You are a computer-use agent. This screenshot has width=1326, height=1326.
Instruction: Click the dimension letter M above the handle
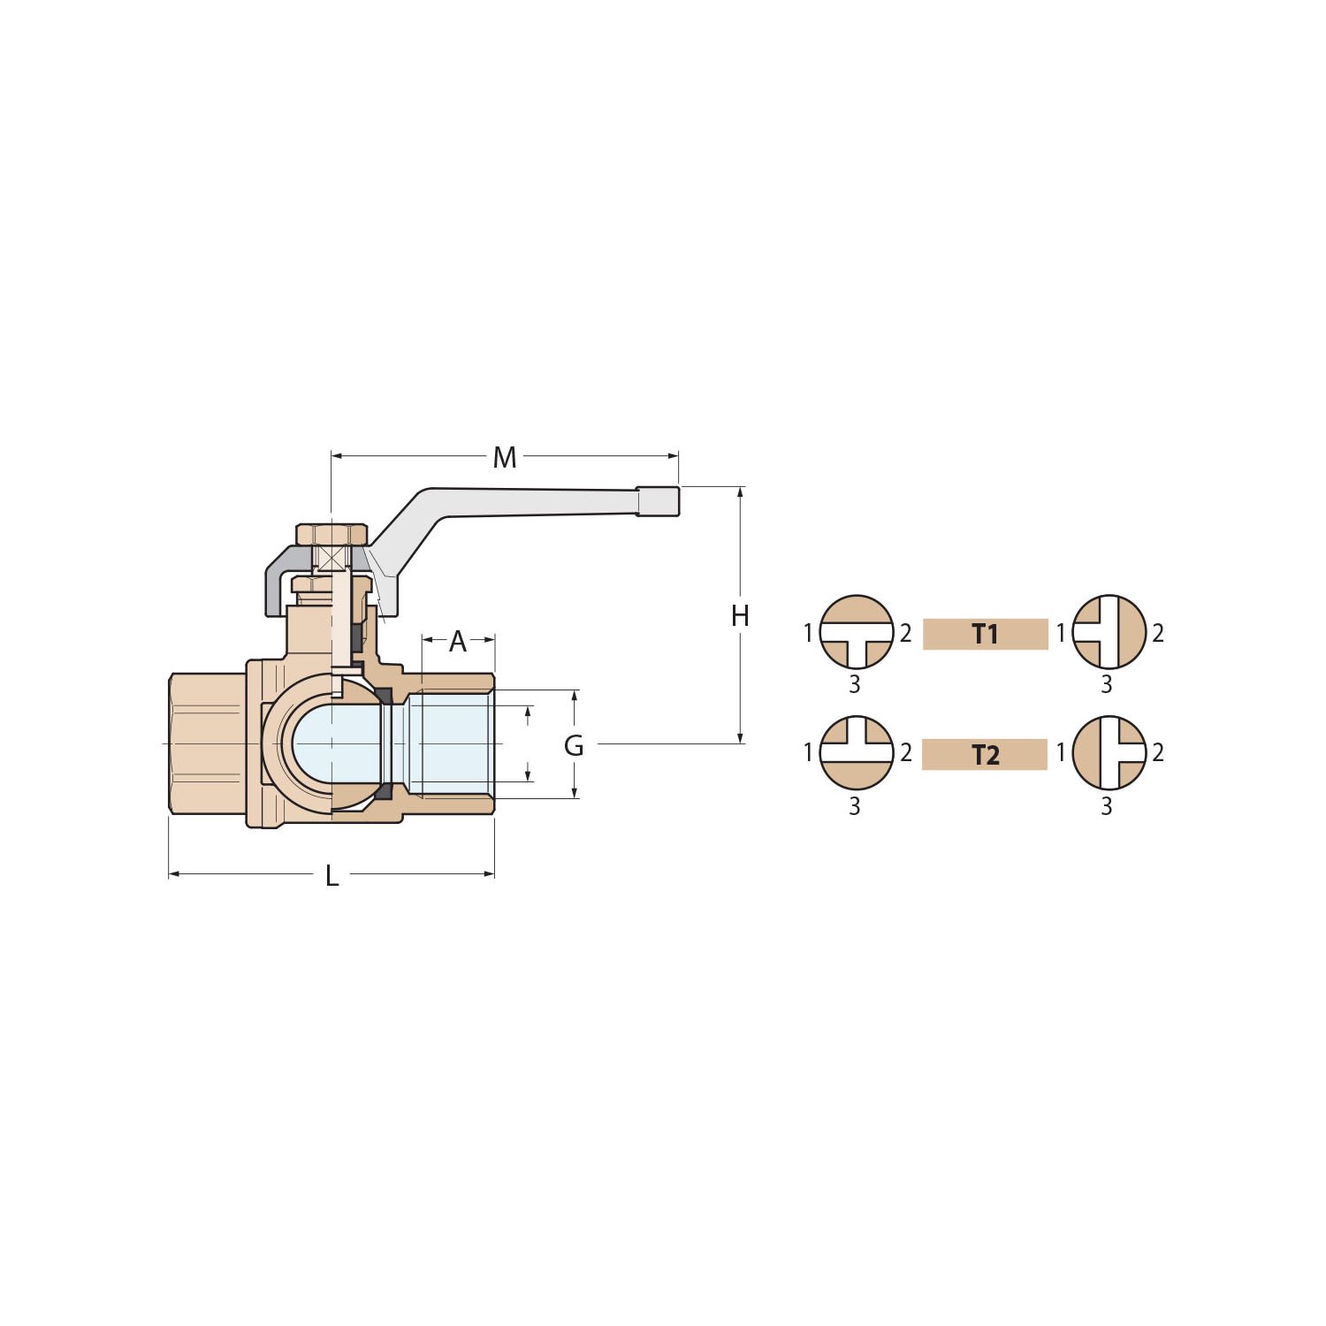point(504,458)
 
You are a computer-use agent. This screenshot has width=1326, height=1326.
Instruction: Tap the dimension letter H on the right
point(740,616)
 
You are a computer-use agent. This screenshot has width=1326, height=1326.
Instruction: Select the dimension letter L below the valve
point(331,876)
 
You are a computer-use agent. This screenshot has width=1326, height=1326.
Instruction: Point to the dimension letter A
point(457,642)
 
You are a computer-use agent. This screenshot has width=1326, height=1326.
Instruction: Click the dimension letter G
point(574,746)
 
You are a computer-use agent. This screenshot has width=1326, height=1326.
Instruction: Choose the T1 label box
point(985,634)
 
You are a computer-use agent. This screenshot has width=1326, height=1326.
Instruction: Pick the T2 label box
point(985,755)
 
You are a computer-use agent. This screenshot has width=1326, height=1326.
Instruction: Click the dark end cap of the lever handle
point(659,501)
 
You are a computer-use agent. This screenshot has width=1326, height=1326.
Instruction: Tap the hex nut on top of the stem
point(331,535)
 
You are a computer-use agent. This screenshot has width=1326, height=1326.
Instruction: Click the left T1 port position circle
point(857,632)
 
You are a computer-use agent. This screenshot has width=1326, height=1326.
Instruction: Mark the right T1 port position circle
point(1109,632)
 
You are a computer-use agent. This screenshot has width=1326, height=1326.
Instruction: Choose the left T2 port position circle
point(857,752)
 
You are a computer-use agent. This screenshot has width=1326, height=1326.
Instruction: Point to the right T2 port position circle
point(1109,752)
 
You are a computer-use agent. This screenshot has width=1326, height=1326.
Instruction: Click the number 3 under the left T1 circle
point(854,684)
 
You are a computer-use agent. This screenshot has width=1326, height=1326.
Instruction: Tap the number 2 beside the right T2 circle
point(1158,752)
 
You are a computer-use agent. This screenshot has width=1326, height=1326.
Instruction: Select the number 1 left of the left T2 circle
point(807,752)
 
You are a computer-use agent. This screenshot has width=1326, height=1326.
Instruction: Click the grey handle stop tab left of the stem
point(281,579)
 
